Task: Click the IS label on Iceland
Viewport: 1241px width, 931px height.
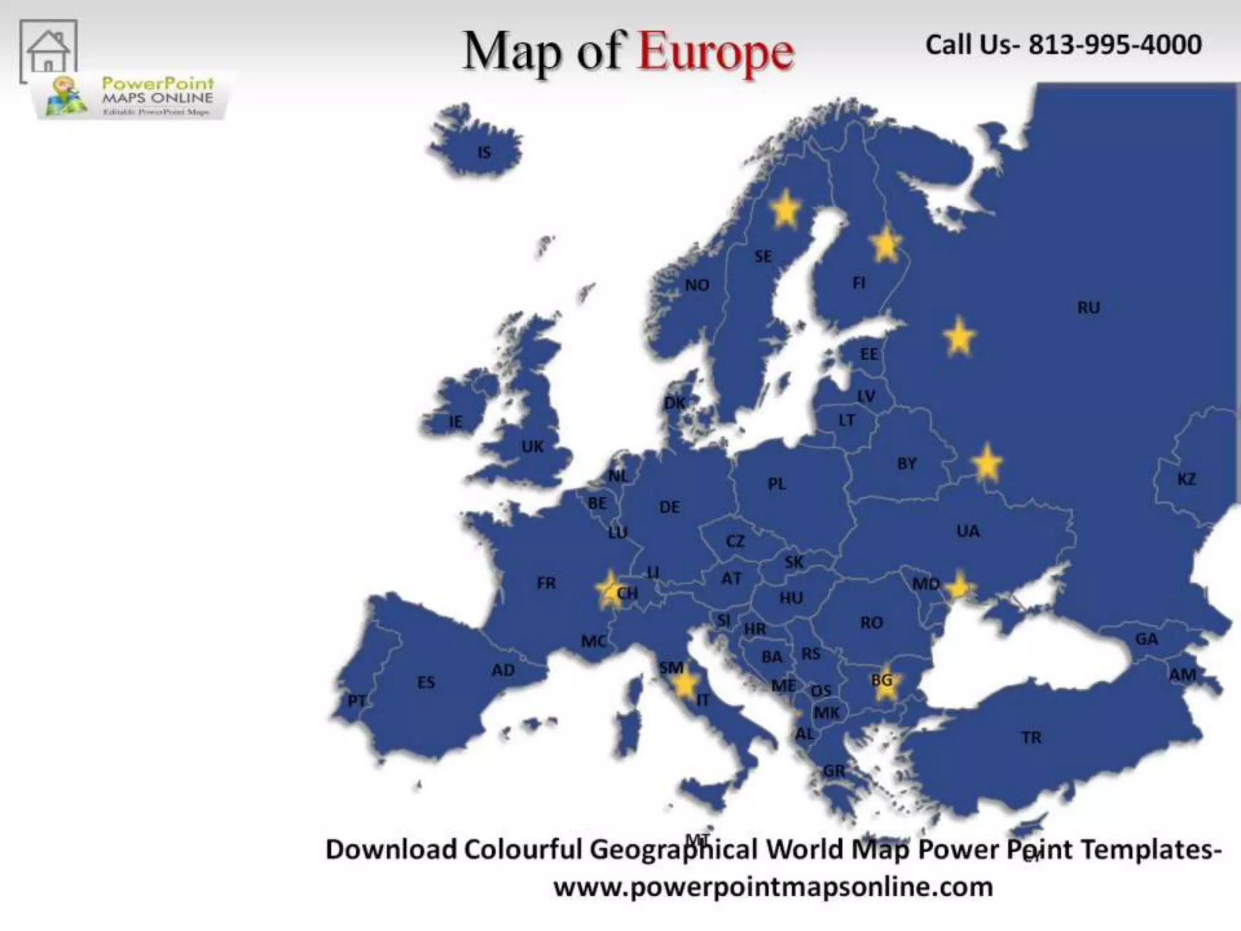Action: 484,152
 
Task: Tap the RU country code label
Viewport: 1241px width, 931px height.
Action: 1088,308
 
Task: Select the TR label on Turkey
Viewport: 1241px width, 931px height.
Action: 1031,738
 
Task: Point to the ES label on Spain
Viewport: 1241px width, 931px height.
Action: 426,682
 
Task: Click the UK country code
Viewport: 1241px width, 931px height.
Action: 532,447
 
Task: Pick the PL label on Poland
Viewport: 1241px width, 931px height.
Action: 777,484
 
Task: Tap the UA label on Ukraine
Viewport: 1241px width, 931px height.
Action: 968,532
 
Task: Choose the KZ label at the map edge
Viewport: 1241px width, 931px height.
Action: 1186,479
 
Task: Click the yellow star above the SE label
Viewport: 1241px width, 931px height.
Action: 785,208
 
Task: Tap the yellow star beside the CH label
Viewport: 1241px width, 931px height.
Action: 609,588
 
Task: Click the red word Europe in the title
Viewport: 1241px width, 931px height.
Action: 716,52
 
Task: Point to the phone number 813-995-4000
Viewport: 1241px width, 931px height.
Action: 1115,45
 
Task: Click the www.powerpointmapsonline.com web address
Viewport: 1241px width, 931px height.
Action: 773,887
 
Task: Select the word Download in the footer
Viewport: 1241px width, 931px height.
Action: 391,850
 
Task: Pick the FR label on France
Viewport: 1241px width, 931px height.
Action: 546,583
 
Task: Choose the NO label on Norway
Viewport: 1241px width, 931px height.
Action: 697,285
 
